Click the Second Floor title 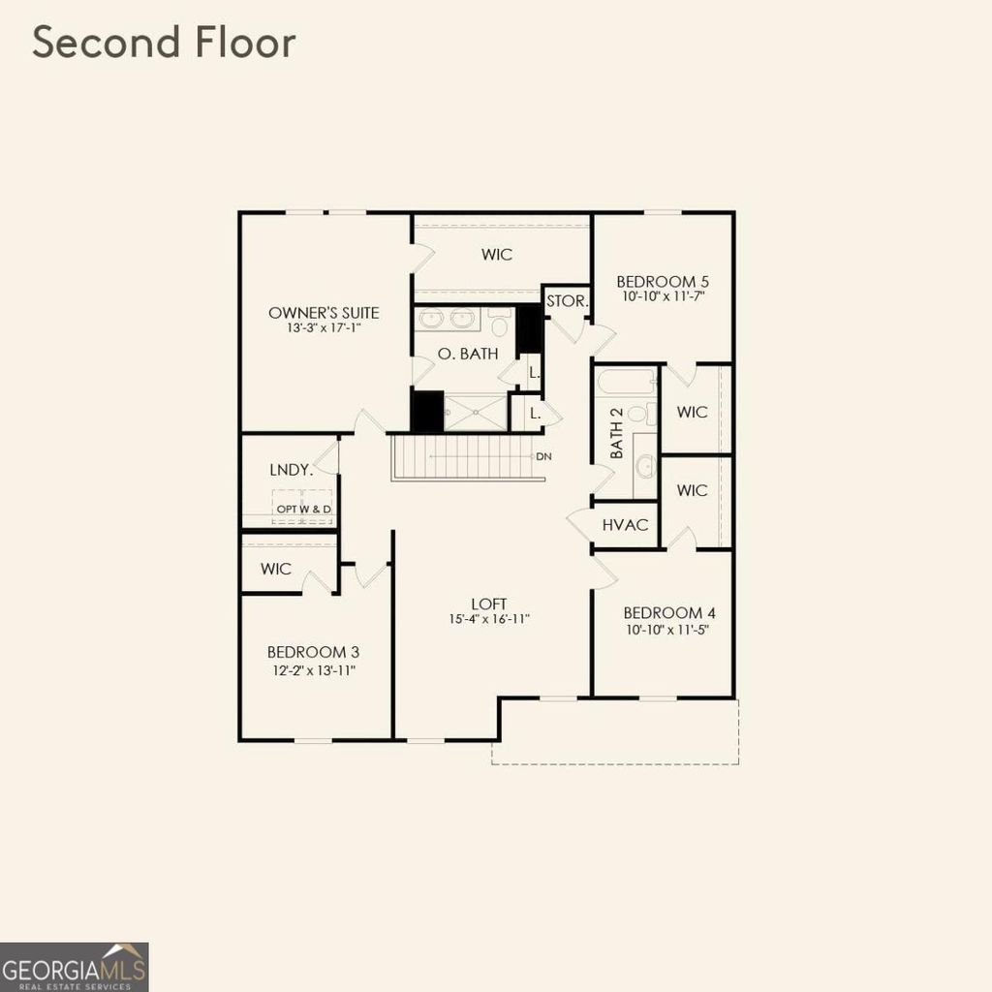coord(164,44)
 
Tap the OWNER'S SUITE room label coord(324,313)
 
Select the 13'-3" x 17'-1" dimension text coord(324,329)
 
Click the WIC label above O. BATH coord(497,255)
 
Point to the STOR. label coord(567,301)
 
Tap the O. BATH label coord(468,355)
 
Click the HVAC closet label coord(625,524)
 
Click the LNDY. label coord(291,470)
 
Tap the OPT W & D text coord(303,510)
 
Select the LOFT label coord(489,604)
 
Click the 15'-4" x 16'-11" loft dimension coord(489,619)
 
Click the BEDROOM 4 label coord(669,613)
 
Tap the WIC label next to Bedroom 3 coord(276,570)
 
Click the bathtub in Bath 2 coord(626,381)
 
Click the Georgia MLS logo coord(75,966)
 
